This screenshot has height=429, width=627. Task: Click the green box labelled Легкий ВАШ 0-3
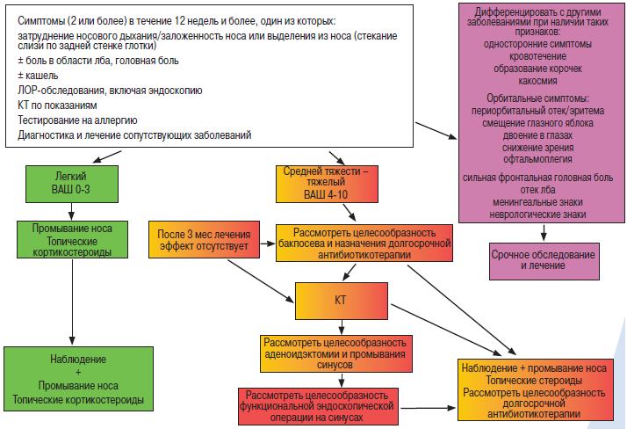[x=72, y=184]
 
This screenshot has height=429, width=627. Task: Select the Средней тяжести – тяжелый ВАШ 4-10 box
[x=327, y=184]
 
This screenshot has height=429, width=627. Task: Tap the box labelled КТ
[x=341, y=301]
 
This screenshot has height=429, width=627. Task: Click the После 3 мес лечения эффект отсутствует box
[x=204, y=239]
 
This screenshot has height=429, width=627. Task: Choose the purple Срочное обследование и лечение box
[x=544, y=261]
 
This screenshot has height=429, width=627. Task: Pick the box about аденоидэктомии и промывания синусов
[x=335, y=353]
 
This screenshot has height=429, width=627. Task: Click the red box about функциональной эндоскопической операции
[x=318, y=406]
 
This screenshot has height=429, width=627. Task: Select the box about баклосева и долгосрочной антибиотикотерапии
[x=364, y=243]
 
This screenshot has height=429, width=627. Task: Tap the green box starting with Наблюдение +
[x=78, y=379]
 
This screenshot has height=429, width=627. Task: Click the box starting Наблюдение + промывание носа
[x=536, y=389]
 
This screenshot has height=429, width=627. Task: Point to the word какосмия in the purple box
[x=537, y=81]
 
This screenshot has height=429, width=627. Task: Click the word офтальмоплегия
[x=537, y=159]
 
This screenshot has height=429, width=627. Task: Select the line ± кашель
[x=38, y=76]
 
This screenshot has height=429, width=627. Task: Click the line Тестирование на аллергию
[x=77, y=120]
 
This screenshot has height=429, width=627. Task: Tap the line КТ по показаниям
[x=57, y=105]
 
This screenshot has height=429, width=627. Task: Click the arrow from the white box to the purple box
[x=436, y=130]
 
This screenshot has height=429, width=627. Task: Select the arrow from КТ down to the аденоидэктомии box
[x=341, y=327]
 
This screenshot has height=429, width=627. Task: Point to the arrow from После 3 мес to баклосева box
[x=268, y=244]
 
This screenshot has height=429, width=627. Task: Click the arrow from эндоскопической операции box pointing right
[x=429, y=408]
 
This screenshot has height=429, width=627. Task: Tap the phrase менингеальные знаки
[x=537, y=202]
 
